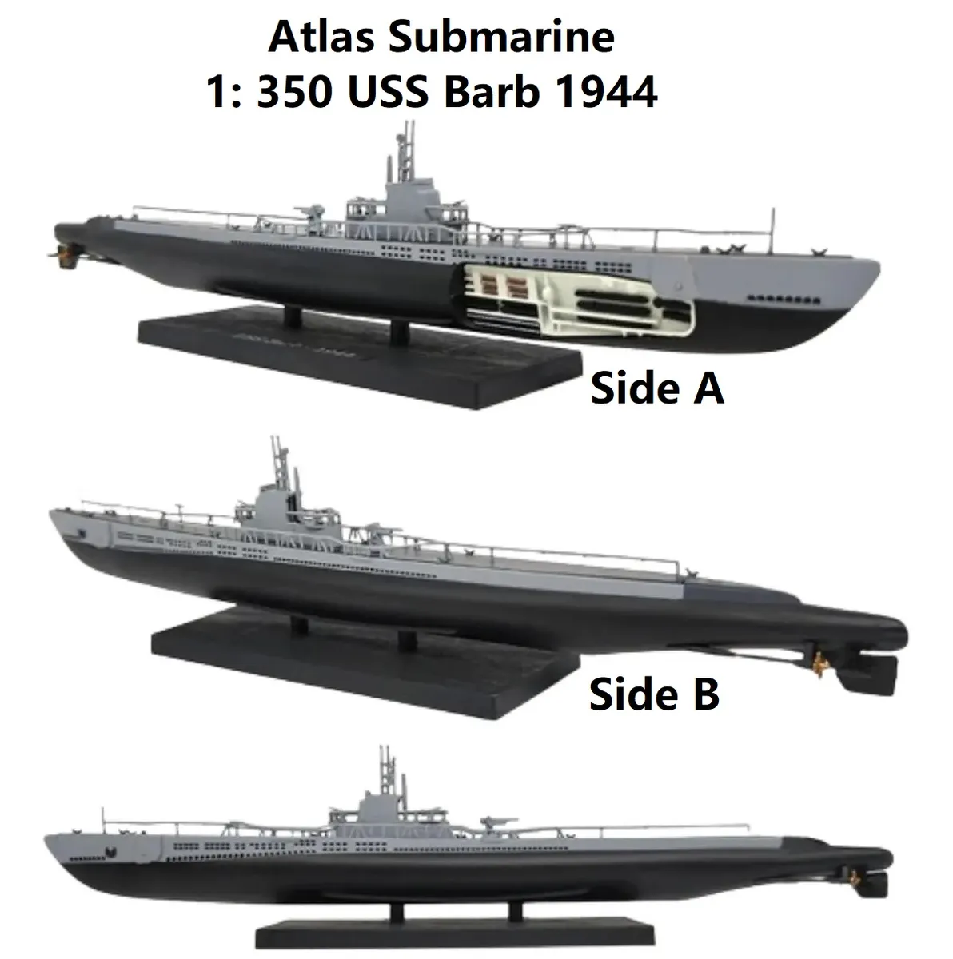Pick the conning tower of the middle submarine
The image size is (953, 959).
273,503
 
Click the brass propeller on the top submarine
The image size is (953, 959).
64,250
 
